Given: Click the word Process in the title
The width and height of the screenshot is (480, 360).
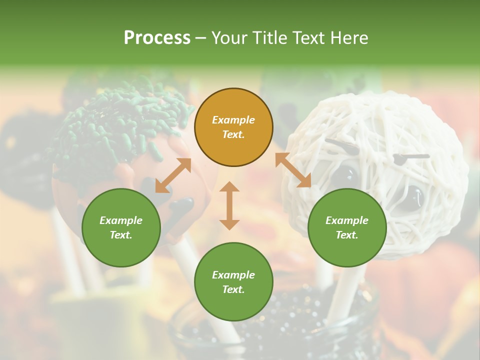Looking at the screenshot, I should point(157,38).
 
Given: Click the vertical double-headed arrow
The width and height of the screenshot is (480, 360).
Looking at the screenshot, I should point(229,205).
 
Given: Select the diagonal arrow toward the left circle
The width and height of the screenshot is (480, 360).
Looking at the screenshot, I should point(173,175).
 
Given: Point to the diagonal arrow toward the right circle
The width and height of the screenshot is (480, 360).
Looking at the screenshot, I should point(293,170).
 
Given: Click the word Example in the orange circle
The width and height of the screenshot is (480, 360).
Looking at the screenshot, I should point(233,120).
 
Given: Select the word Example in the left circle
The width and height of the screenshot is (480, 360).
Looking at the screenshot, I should point(121,220).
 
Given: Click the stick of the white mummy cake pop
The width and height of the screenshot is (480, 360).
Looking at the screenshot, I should point(345,290).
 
